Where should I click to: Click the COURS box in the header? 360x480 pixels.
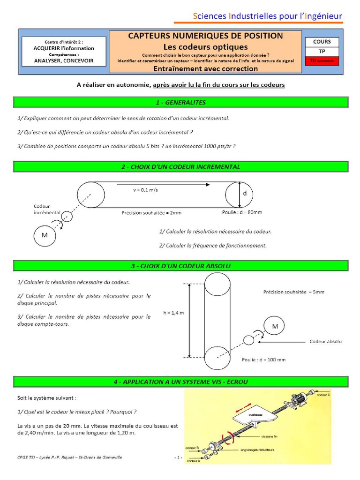pyautogui.click(x=322, y=42)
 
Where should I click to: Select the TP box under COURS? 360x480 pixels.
pyautogui.click(x=322, y=51)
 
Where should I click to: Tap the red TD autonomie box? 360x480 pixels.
pyautogui.click(x=322, y=60)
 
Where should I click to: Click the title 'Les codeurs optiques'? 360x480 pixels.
pyautogui.click(x=205, y=47)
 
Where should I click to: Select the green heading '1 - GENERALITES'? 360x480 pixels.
pyautogui.click(x=180, y=102)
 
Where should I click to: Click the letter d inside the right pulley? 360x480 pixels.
pyautogui.click(x=244, y=193)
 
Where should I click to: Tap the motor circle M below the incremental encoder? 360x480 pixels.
pyautogui.click(x=45, y=235)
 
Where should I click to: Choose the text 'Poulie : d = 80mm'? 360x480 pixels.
pyautogui.click(x=242, y=212)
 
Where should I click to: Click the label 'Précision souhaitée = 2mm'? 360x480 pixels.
pyautogui.click(x=151, y=212)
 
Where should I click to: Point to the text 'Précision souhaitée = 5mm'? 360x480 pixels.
pyautogui.click(x=293, y=292)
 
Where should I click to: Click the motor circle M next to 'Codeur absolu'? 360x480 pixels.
pyautogui.click(x=275, y=326)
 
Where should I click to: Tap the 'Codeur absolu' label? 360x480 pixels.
pyautogui.click(x=325, y=341)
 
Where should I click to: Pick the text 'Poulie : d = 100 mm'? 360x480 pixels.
pyautogui.click(x=263, y=360)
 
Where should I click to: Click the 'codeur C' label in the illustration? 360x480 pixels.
pyautogui.click(x=323, y=395)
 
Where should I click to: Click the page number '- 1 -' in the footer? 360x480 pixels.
pyautogui.click(x=178, y=457)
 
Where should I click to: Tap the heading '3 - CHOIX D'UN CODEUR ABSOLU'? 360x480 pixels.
pyautogui.click(x=180, y=266)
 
